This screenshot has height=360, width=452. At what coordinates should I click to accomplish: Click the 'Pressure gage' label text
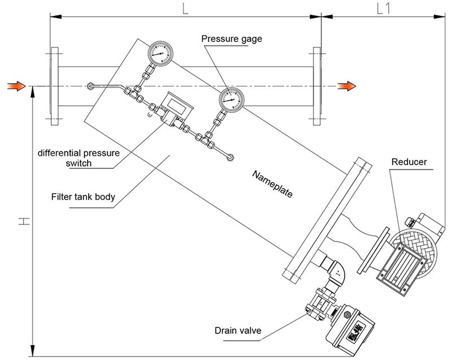[232, 38]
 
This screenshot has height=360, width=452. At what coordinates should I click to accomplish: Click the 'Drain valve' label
[237, 331]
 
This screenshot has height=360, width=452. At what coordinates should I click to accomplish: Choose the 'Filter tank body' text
[83, 197]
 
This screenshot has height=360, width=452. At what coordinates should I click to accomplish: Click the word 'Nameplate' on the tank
[272, 183]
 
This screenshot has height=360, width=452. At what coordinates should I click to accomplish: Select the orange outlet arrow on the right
[346, 86]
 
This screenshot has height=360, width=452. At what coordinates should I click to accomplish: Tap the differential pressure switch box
[177, 105]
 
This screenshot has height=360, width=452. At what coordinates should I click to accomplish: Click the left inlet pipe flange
[54, 86]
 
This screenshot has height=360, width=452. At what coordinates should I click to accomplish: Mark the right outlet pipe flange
[316, 86]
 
